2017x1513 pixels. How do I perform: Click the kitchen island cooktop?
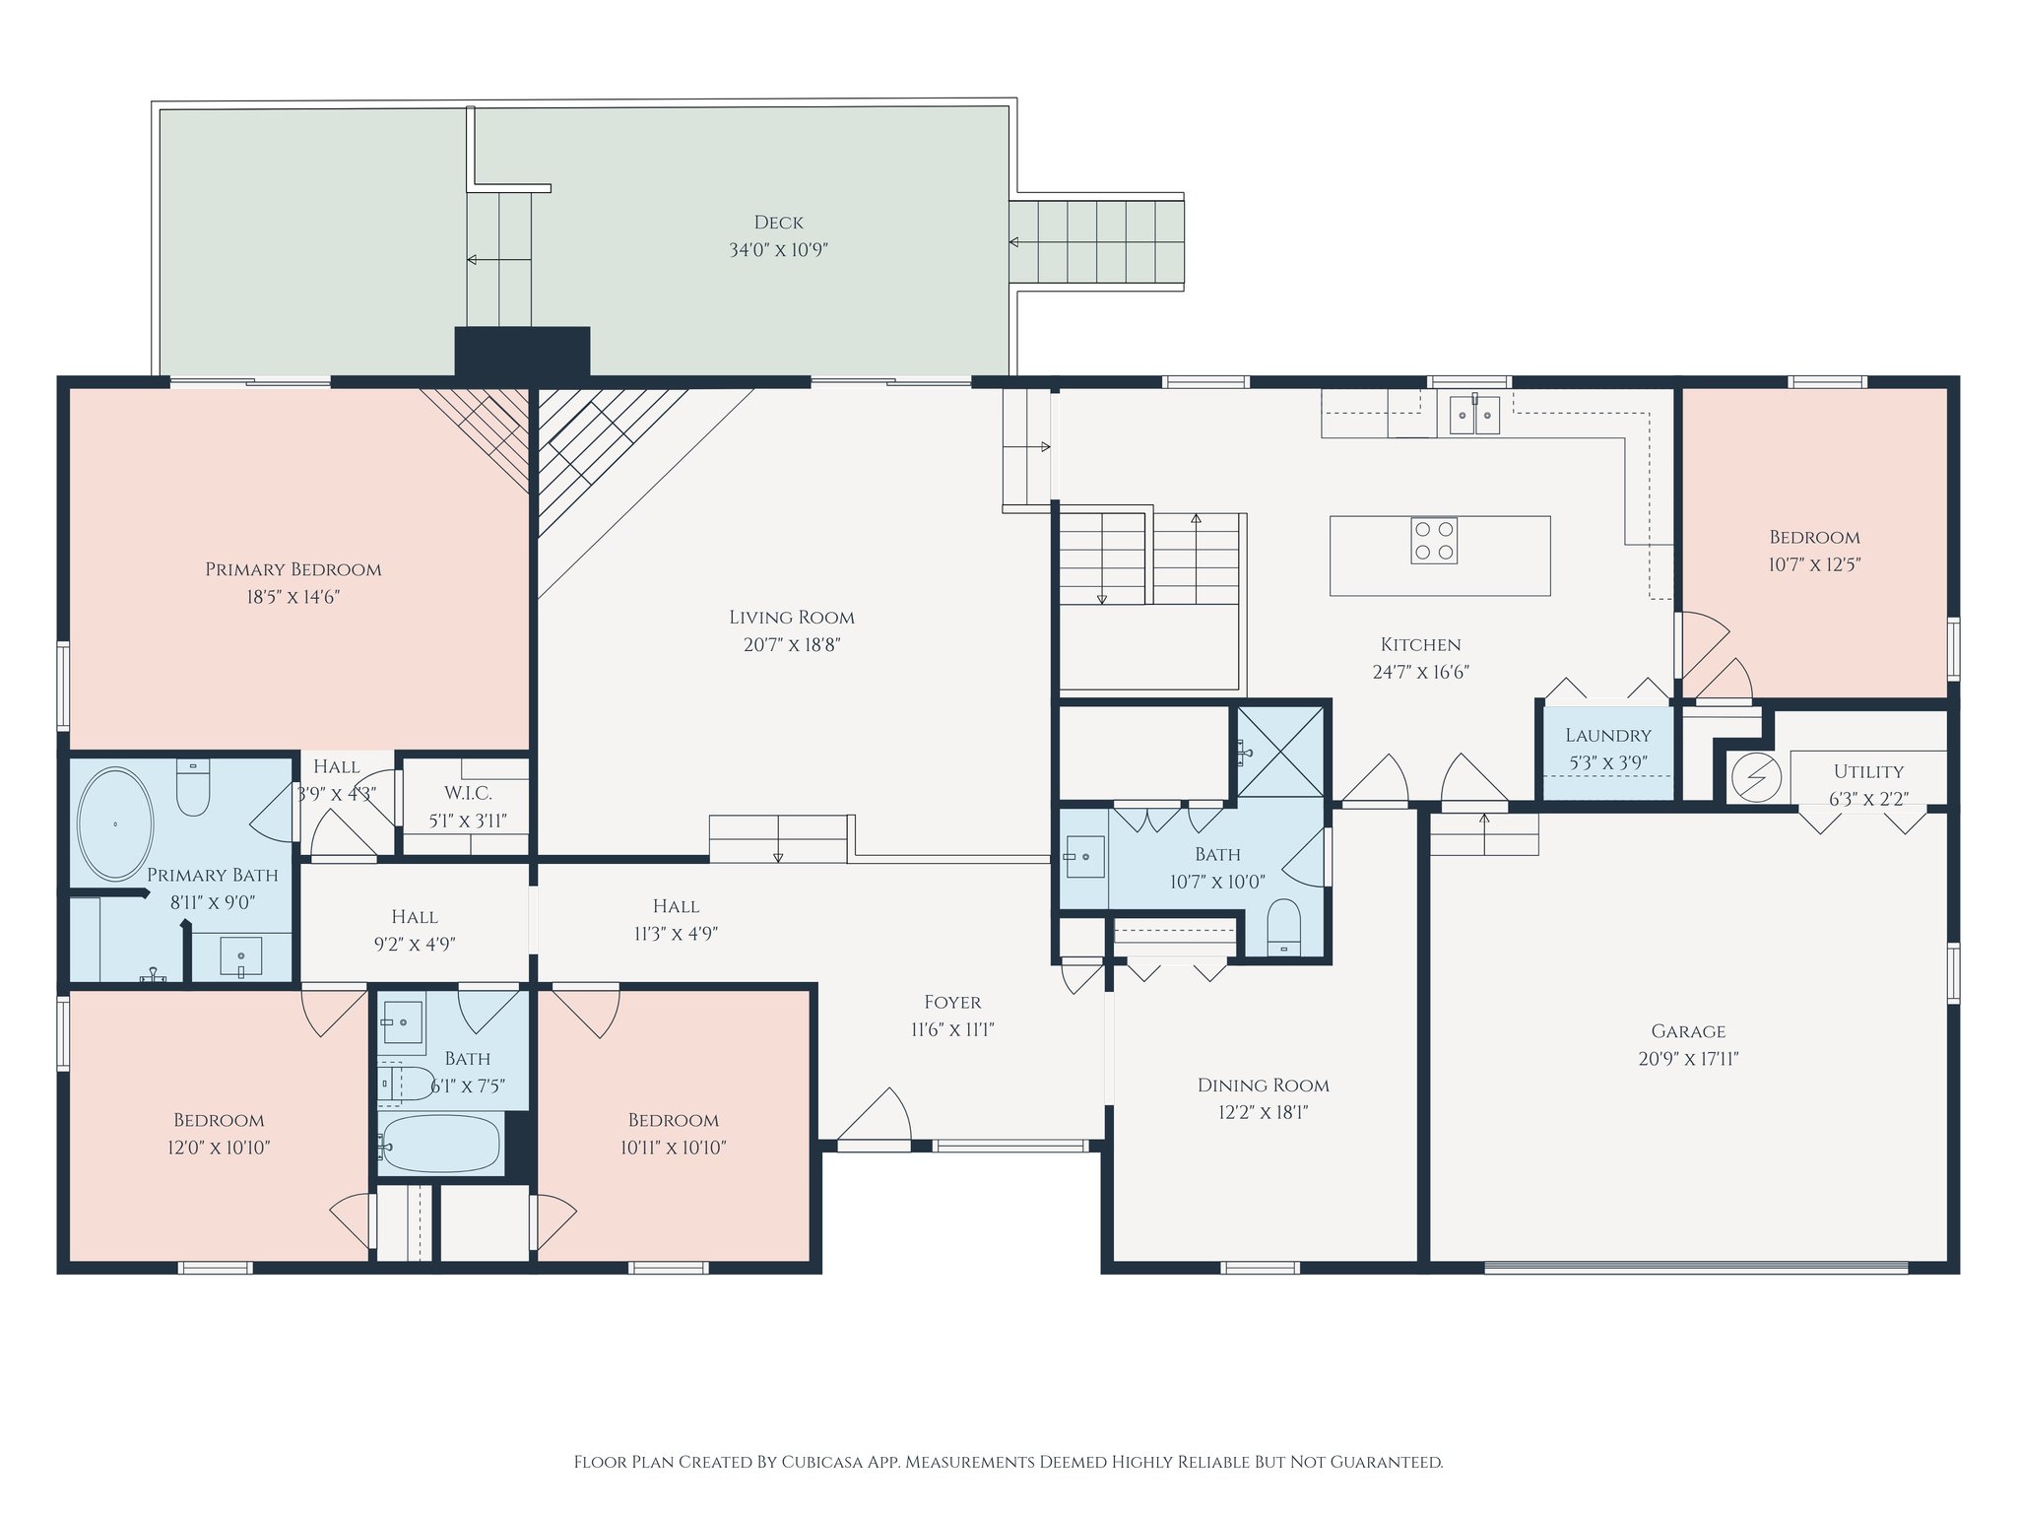pyautogui.click(x=1434, y=541)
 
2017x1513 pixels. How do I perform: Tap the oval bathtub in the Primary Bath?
pyautogui.click(x=115, y=823)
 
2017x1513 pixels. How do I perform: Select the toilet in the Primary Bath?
pyautogui.click(x=193, y=787)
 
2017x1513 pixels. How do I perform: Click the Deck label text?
pyautogui.click(x=778, y=223)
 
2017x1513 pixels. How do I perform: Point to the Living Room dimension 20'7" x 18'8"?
pyautogui.click(x=792, y=645)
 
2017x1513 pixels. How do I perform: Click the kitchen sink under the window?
pyautogui.click(x=1474, y=415)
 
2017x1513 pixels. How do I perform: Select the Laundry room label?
pyautogui.click(x=1607, y=736)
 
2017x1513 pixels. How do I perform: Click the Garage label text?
pyautogui.click(x=1688, y=1031)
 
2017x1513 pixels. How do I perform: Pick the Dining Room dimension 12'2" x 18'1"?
pyautogui.click(x=1263, y=1113)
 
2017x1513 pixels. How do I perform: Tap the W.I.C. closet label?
pyautogui.click(x=468, y=793)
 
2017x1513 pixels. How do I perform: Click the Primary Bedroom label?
pyautogui.click(x=293, y=569)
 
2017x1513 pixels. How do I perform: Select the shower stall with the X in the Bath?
pyautogui.click(x=1280, y=752)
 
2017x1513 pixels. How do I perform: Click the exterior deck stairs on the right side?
pyautogui.click(x=1096, y=241)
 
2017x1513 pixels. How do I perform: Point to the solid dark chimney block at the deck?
pyautogui.click(x=522, y=352)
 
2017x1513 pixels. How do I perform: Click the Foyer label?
pyautogui.click(x=952, y=1003)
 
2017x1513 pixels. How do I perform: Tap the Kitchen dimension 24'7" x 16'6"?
pyautogui.click(x=1420, y=673)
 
